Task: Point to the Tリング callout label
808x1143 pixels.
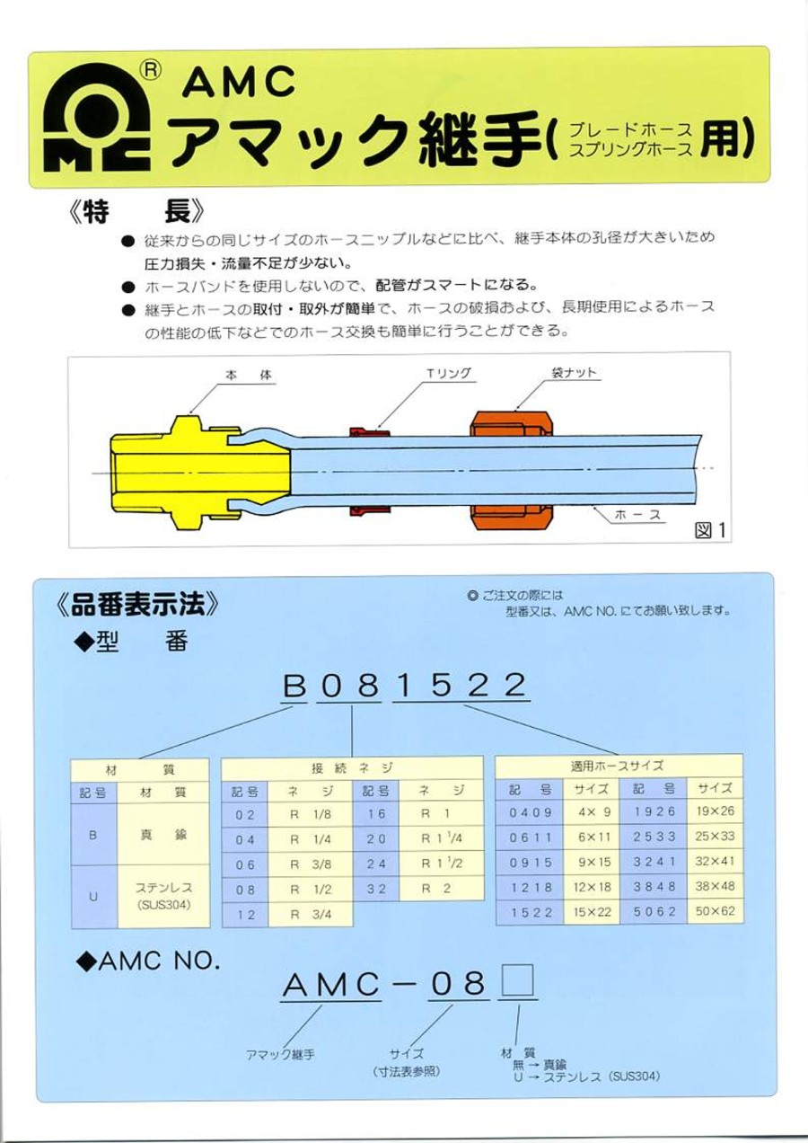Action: tap(448, 373)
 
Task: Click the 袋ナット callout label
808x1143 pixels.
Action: tap(574, 373)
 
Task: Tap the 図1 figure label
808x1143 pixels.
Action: tap(709, 531)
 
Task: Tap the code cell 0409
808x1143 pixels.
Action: tap(530, 815)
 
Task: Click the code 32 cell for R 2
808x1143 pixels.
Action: tap(376, 890)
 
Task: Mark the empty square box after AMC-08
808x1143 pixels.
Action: tap(518, 984)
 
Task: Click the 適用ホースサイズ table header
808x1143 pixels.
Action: tap(618, 766)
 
